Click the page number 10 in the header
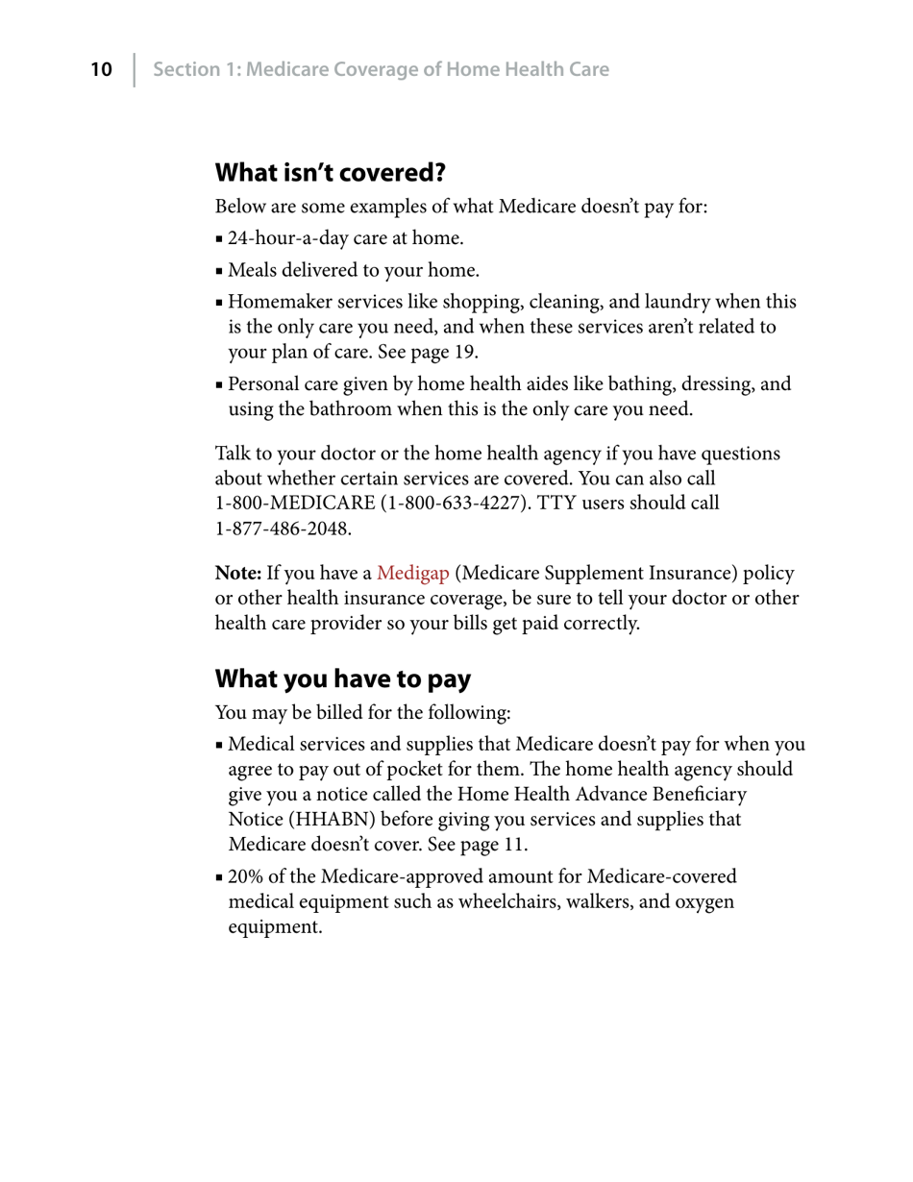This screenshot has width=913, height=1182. [x=101, y=69]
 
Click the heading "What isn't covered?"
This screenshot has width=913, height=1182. [x=330, y=173]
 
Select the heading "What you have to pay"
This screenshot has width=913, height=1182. [x=342, y=679]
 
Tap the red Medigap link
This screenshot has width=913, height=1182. [x=412, y=574]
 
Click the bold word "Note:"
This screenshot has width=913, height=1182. [x=238, y=574]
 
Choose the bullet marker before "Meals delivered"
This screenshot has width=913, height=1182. [x=220, y=272]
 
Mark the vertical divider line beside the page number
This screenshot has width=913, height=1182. [x=135, y=69]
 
